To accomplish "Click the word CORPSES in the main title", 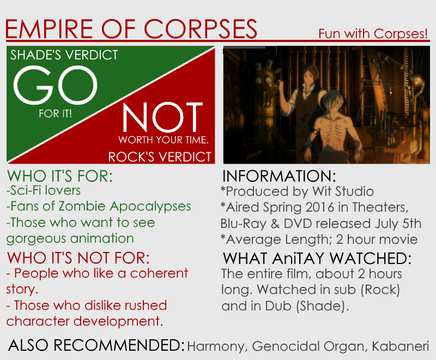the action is tap(200, 29).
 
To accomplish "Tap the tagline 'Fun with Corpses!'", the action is tap(373, 34).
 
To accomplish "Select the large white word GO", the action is tap(56, 85).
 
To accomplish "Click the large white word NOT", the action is tap(162, 117).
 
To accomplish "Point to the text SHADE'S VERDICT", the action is tap(64, 55).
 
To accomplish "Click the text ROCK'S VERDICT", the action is tap(160, 157).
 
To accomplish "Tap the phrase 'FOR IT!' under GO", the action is tap(56, 113).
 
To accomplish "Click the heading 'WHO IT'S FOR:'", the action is tap(60, 176).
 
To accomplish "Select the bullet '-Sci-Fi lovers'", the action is tap(44, 190).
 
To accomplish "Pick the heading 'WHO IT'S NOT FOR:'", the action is tap(78, 257).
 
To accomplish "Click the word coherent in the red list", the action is tap(159, 273).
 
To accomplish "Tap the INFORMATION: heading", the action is tap(279, 176).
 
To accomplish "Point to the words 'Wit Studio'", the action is tap(343, 191).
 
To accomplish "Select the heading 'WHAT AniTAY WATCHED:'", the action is tap(317, 259).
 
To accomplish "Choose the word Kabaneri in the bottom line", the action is tap(401, 346).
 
